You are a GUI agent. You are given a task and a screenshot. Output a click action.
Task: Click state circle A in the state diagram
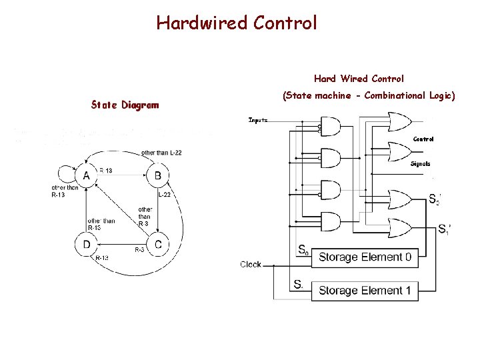86,176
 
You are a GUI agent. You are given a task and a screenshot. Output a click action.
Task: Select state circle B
157,176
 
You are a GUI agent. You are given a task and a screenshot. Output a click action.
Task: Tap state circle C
157,245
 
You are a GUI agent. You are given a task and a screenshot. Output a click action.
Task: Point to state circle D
86,245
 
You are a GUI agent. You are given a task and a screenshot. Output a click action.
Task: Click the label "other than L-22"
161,153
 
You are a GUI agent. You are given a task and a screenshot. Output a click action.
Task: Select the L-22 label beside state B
165,194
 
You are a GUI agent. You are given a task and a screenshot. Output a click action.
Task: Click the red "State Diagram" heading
125,105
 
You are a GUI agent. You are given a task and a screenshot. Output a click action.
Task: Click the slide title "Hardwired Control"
237,23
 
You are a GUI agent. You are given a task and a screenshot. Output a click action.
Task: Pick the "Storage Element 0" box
365,257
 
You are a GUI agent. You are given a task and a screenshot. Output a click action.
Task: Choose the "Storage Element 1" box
365,291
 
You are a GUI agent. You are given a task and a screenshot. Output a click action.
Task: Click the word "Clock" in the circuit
251,265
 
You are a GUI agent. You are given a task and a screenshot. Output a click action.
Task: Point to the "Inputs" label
258,120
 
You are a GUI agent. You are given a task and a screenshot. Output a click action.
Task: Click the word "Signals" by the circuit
420,163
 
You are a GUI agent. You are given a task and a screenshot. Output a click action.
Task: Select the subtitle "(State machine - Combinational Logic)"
369,96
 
